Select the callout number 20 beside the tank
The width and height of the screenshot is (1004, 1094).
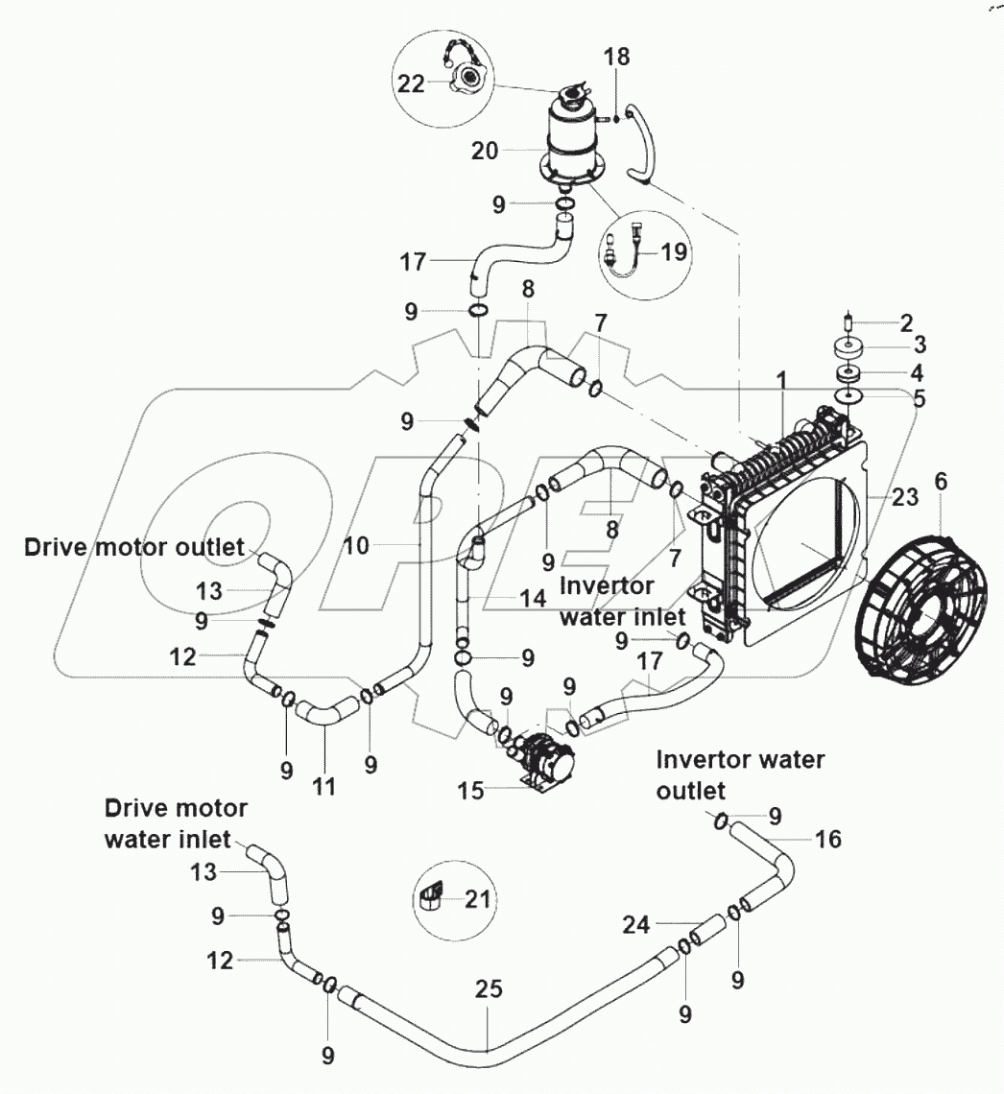click(486, 151)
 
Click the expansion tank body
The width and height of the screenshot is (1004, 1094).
click(574, 134)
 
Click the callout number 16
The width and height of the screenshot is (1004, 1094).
click(827, 840)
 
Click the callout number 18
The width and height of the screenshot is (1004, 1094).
click(616, 57)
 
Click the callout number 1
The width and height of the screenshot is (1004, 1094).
click(782, 380)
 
